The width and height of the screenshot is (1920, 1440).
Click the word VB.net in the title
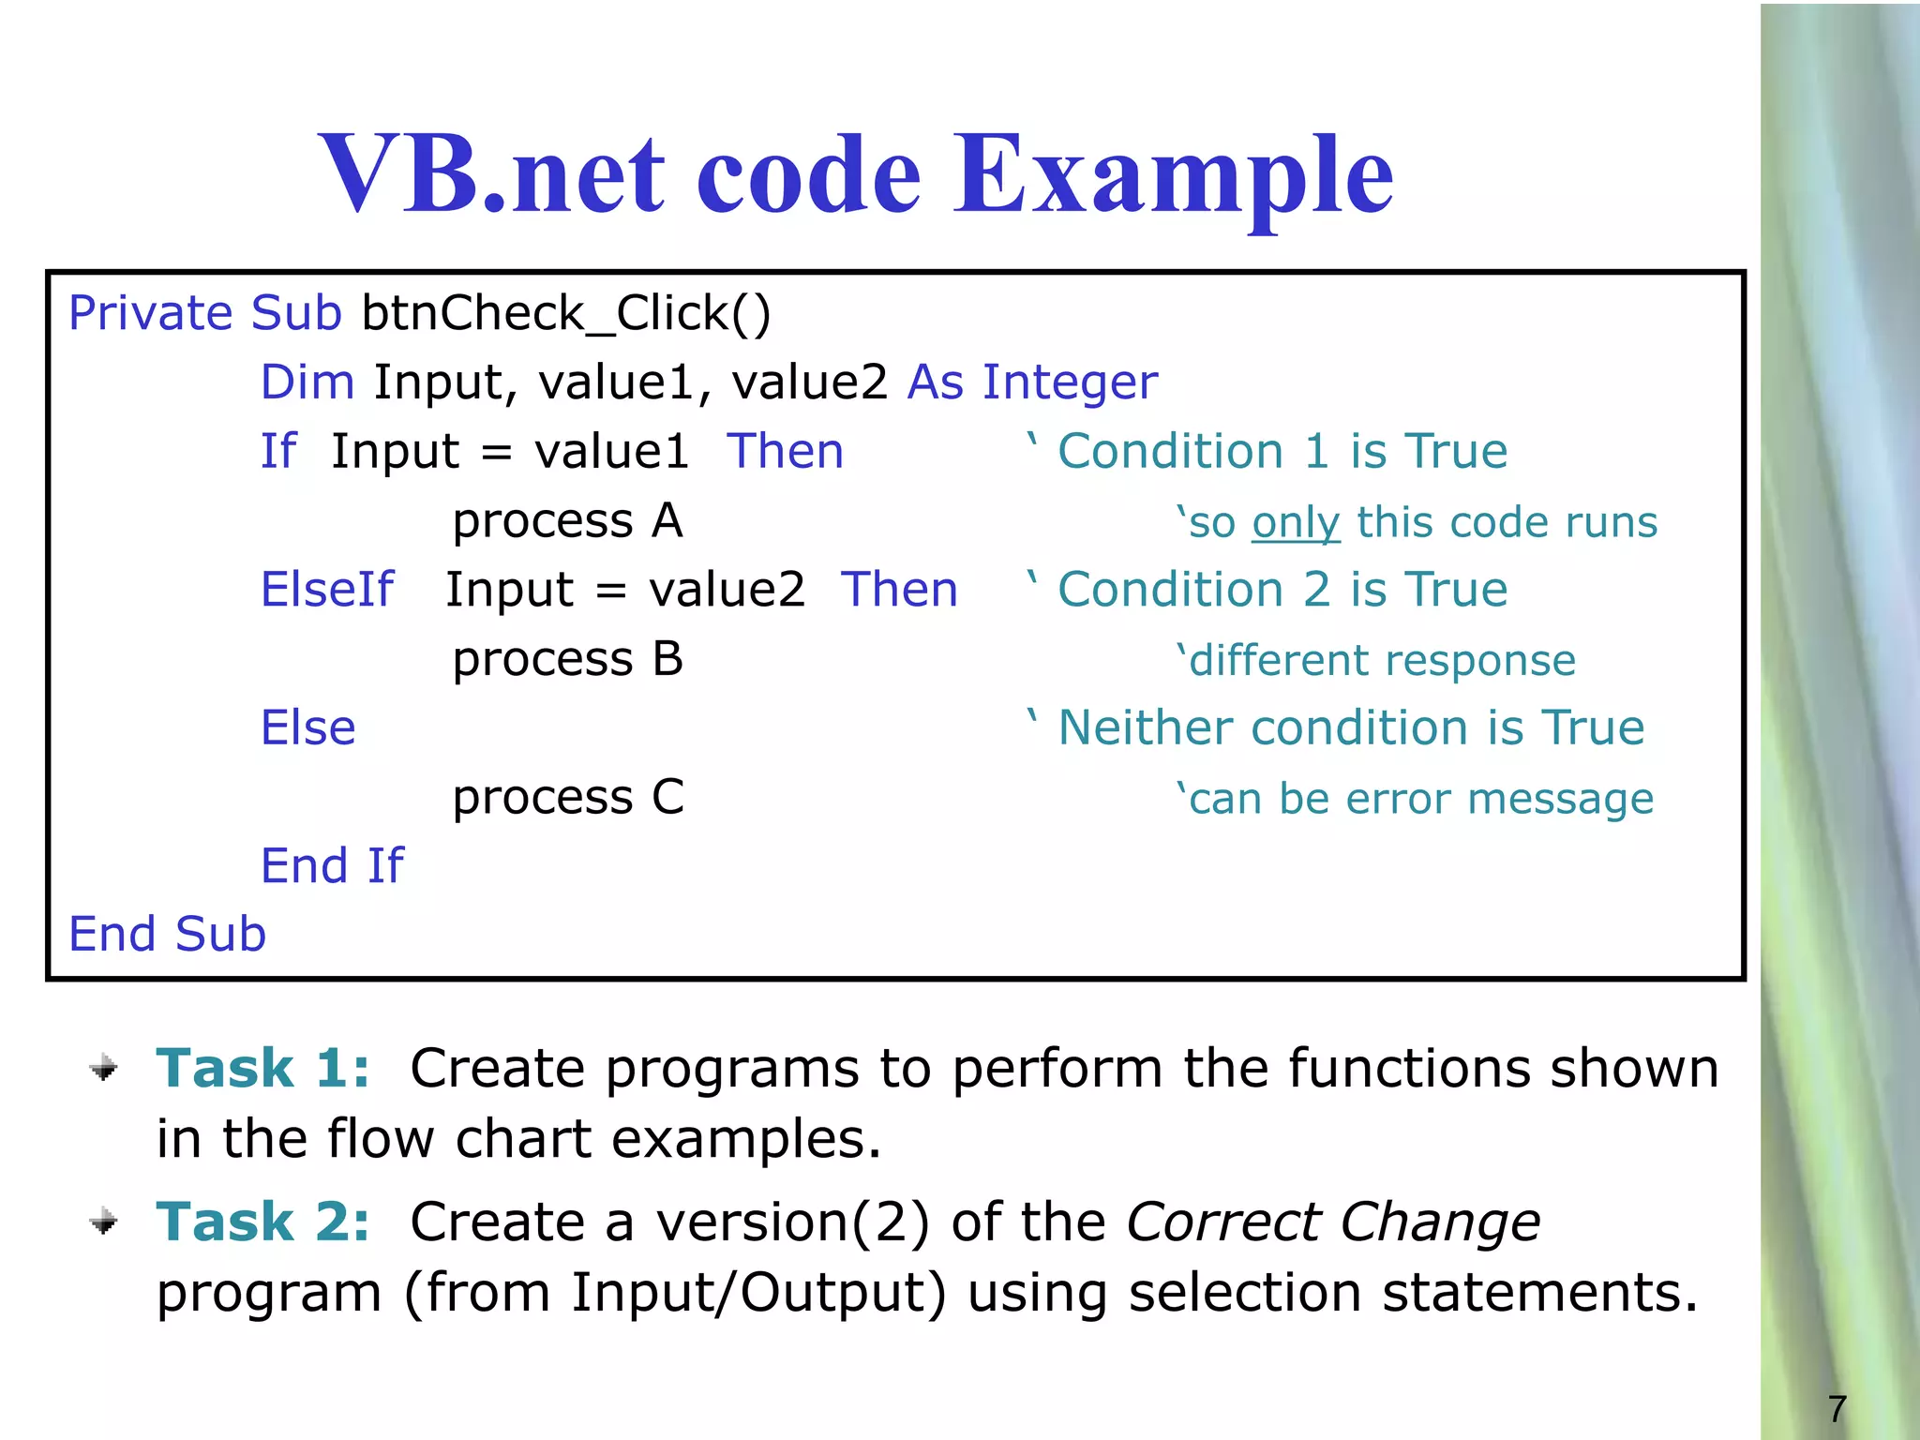coord(491,174)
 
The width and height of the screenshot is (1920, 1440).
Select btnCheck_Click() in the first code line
coord(565,313)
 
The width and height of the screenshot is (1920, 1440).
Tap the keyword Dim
coord(307,382)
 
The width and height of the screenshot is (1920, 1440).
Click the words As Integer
coord(1032,382)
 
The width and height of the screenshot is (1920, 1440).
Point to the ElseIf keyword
coord(327,591)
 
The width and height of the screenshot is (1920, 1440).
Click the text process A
coord(567,521)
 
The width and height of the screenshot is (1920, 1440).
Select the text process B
coord(567,660)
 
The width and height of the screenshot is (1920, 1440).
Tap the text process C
coord(567,799)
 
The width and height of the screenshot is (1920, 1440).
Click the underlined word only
coord(1296,523)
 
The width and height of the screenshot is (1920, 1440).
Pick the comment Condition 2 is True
coord(1282,591)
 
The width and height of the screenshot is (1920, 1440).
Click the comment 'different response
coord(1376,661)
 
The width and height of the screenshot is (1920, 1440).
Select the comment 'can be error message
coord(1415,800)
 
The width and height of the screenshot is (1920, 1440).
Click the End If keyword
coord(332,866)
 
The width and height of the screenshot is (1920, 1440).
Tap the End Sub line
coord(168,935)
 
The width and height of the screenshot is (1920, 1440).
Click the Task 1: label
coord(262,1069)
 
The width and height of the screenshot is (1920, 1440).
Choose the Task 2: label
coord(262,1222)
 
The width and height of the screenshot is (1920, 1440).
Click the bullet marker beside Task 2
coord(104,1222)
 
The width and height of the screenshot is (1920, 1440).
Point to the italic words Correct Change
coord(1332,1222)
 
